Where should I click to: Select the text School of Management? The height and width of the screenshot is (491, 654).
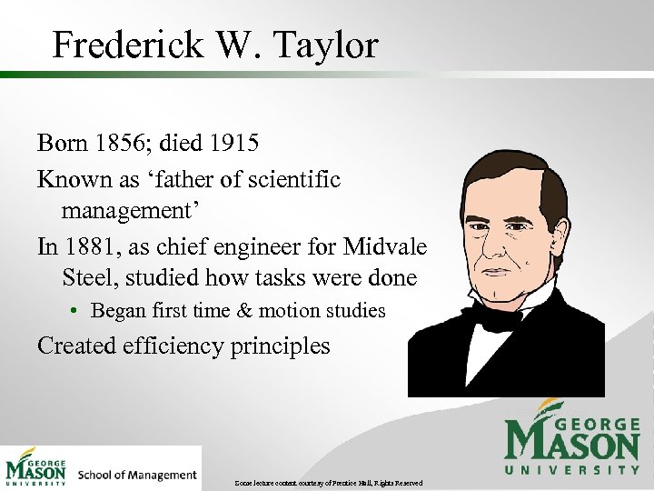pos(137,475)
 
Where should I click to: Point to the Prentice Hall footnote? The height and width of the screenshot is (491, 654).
pos(326,482)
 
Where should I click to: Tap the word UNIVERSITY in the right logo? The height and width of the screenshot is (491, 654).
pos(572,470)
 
